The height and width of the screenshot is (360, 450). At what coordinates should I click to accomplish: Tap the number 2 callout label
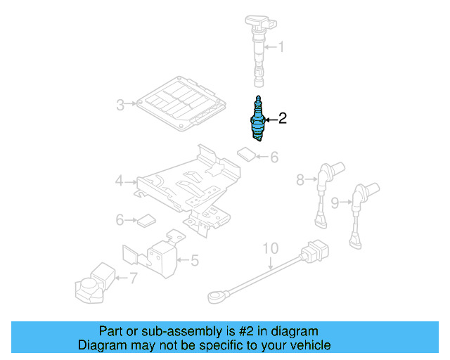(x=283, y=119)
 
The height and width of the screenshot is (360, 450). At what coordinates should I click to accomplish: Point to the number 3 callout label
(x=120, y=105)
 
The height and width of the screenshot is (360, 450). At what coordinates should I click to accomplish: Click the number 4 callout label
(x=120, y=182)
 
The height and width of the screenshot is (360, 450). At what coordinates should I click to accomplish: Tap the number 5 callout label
(x=195, y=261)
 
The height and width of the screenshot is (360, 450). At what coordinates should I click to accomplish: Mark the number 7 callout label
(x=133, y=278)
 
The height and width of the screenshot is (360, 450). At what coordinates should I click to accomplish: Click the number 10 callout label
(x=271, y=248)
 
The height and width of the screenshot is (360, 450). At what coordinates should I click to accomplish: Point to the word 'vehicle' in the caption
(x=308, y=345)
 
